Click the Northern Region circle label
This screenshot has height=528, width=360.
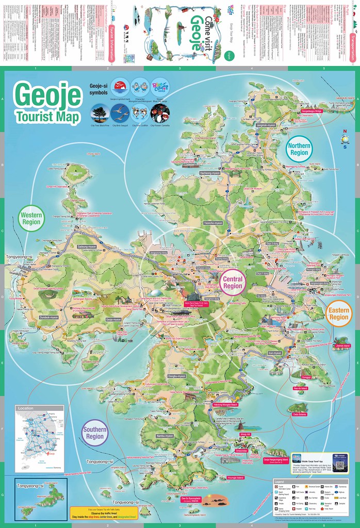(x=299, y=149)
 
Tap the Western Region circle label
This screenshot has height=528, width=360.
(x=31, y=218)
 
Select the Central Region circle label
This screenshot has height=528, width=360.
(x=233, y=283)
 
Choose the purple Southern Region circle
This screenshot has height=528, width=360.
(x=94, y=434)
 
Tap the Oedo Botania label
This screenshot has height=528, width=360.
(x=299, y=414)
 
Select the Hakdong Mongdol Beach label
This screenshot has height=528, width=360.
(x=224, y=405)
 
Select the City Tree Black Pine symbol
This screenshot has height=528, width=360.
(x=100, y=113)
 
